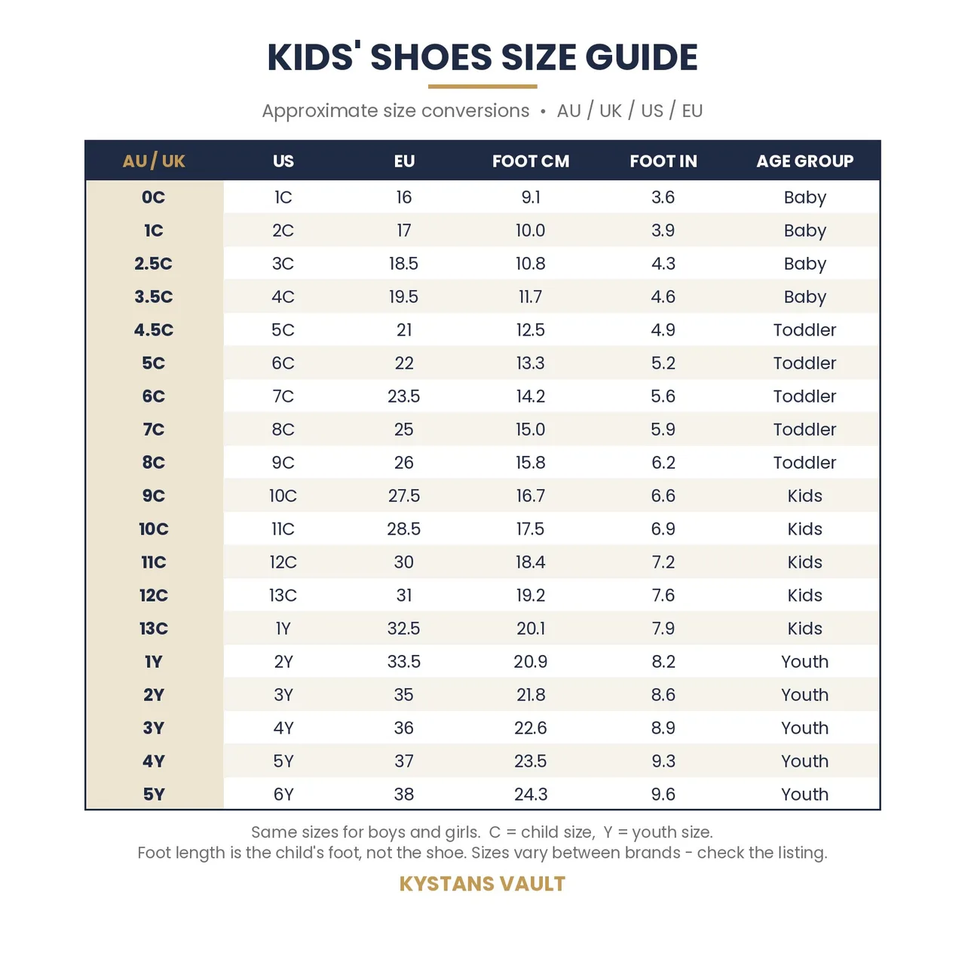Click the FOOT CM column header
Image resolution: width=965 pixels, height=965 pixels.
pos(530,161)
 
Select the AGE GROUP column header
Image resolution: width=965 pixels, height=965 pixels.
pos(804,161)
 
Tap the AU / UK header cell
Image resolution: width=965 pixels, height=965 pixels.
pos(154,161)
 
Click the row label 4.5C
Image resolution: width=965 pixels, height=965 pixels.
pos(153,329)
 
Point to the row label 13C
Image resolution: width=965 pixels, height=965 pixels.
pos(153,628)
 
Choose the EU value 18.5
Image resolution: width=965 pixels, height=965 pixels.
pos(403,263)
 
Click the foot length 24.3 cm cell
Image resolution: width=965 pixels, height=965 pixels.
pos(530,794)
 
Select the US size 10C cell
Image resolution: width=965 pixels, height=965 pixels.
pos(283,495)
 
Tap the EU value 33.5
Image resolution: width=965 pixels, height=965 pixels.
pos(403,661)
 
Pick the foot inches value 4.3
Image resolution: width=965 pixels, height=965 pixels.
pos(663,263)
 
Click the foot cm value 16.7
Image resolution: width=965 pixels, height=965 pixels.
pos(530,495)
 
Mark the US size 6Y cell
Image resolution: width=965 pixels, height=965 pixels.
pos(283,794)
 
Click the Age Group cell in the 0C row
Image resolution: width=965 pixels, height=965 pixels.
pos(804,198)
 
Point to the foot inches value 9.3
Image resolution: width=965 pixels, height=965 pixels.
pos(663,761)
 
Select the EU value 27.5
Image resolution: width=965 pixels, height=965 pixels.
pos(403,495)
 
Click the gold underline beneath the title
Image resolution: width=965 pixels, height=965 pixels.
pos(482,87)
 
